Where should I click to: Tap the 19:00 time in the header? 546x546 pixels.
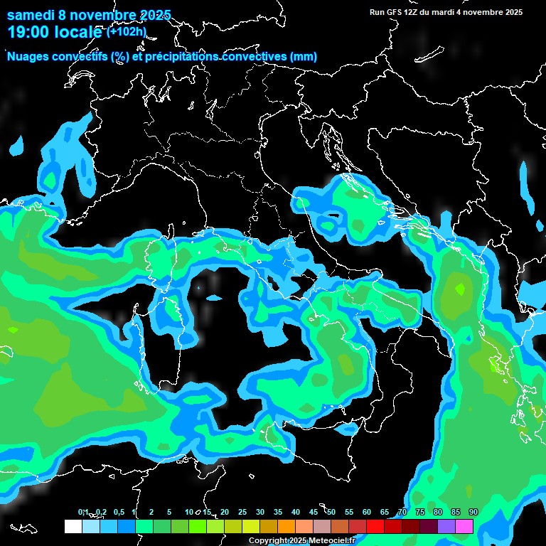click(x=29, y=32)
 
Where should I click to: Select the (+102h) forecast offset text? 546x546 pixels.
click(x=127, y=31)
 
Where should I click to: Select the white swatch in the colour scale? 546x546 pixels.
click(x=73, y=527)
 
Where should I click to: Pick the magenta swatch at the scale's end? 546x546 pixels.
click(x=464, y=527)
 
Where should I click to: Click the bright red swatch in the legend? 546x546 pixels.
click(x=375, y=527)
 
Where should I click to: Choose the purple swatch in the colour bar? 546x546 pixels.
click(x=446, y=527)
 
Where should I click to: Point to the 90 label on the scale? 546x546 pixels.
click(x=473, y=513)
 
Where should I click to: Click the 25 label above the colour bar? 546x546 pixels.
click(x=242, y=513)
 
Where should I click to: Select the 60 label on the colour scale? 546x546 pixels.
click(x=367, y=513)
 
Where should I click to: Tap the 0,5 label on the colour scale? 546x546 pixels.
click(x=118, y=513)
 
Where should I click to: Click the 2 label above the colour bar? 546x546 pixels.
click(x=151, y=513)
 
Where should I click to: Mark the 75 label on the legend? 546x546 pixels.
click(x=420, y=513)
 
